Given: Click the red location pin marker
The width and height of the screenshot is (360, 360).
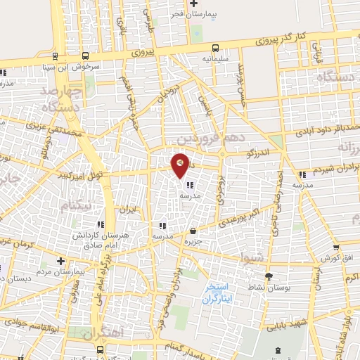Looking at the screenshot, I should click(x=181, y=165).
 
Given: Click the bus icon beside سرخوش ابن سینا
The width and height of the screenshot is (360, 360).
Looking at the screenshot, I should click(x=85, y=57).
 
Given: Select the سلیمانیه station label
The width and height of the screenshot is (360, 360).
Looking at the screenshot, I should click(x=215, y=60).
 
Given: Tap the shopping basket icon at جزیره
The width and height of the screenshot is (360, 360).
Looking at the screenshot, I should click(x=193, y=231).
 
